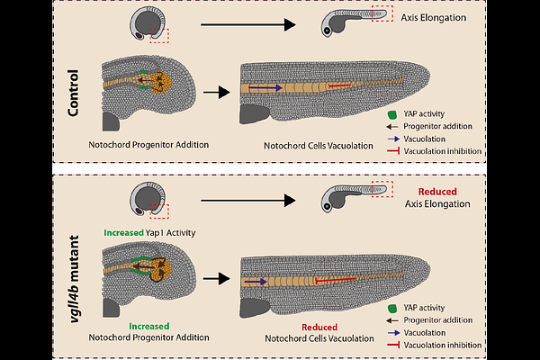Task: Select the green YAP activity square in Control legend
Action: pyautogui.click(x=391, y=115)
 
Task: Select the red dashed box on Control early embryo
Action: pyautogui.click(x=159, y=35)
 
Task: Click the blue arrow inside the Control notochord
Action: pyautogui.click(x=264, y=88)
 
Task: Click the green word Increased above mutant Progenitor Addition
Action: pyautogui.click(x=148, y=326)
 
